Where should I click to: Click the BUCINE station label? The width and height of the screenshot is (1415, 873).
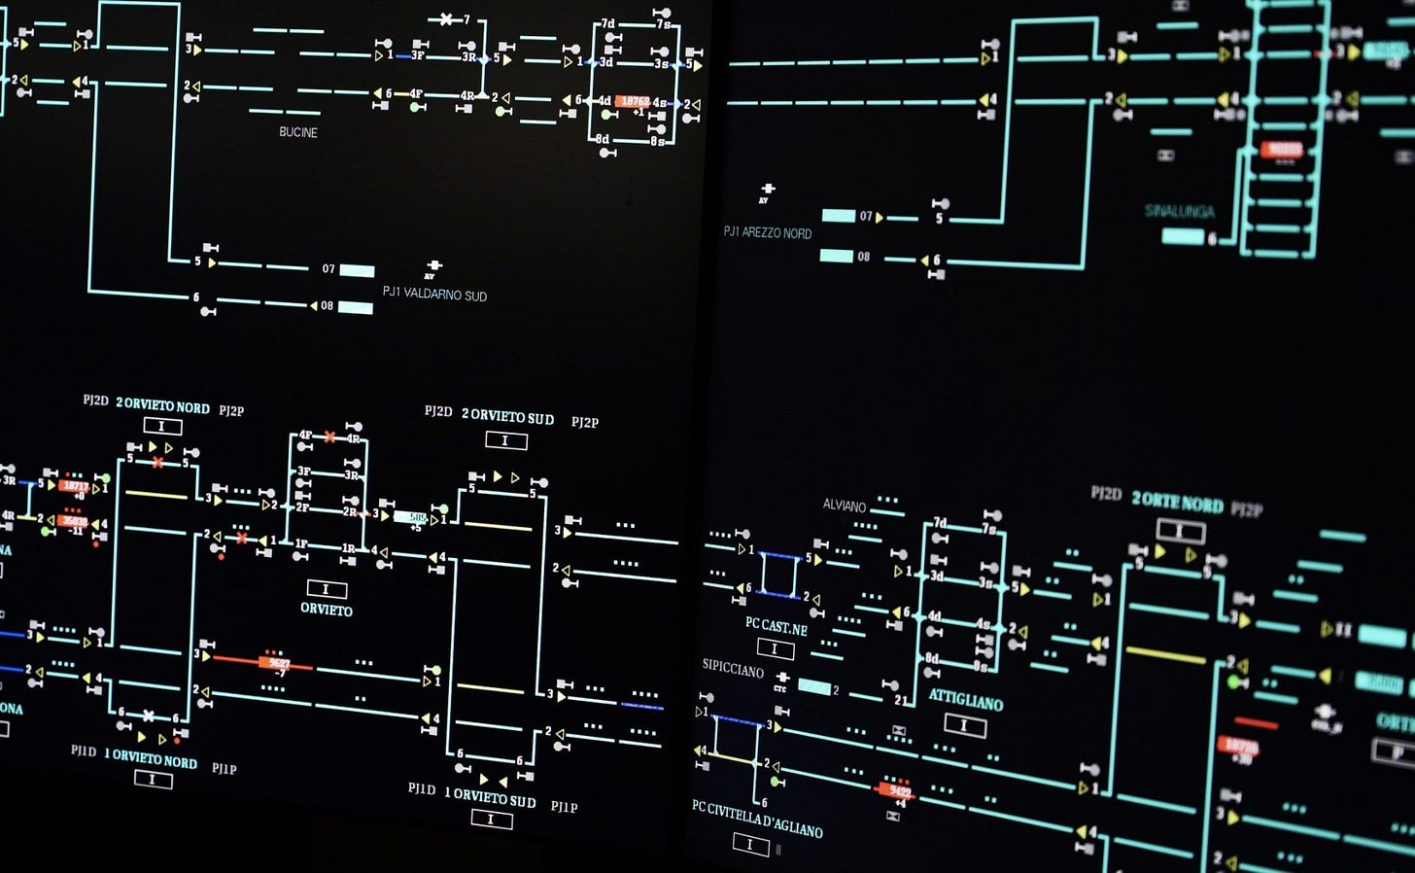[297, 132]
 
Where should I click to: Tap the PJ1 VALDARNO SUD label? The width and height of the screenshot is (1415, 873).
[434, 294]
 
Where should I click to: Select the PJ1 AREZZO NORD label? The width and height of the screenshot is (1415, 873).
[767, 233]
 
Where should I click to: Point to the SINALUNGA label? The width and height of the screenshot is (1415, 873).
[1179, 211]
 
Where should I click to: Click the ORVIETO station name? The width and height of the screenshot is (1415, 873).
[327, 611]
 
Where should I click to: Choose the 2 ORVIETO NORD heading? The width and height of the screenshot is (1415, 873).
[162, 405]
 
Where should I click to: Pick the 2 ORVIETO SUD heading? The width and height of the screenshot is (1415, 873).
[507, 417]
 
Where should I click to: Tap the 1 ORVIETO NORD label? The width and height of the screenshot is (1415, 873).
[151, 759]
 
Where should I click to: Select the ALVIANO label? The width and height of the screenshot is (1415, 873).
[844, 506]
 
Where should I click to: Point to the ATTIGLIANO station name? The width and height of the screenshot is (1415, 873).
[965, 700]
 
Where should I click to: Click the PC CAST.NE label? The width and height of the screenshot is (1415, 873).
[776, 626]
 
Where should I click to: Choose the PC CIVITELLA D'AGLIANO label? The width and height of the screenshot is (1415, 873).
[757, 819]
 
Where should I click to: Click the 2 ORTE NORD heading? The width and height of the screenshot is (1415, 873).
[1177, 503]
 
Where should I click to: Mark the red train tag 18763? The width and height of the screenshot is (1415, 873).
[635, 101]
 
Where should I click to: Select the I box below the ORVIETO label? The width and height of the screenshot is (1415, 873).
[327, 589]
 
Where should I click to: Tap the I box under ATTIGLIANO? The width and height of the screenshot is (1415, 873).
[964, 724]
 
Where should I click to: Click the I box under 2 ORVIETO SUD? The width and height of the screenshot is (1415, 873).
[505, 440]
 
